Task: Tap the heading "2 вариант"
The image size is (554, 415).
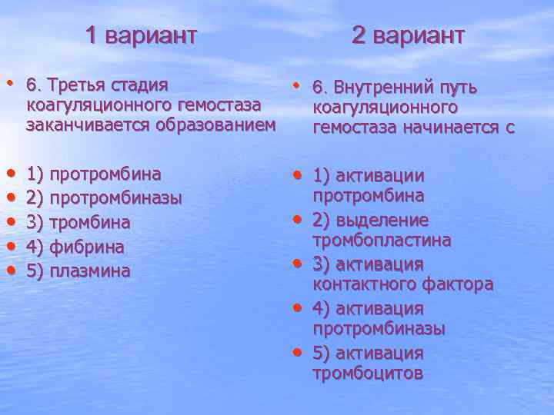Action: click(x=409, y=35)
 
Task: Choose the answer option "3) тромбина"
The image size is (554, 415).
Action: click(x=78, y=222)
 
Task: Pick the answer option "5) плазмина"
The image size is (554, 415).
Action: click(x=78, y=271)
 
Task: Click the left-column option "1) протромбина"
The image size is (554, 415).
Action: click(x=93, y=173)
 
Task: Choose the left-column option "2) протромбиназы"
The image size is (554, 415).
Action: click(x=104, y=198)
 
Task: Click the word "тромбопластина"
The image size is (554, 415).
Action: click(x=382, y=241)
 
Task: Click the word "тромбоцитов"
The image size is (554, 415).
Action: click(x=368, y=373)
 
